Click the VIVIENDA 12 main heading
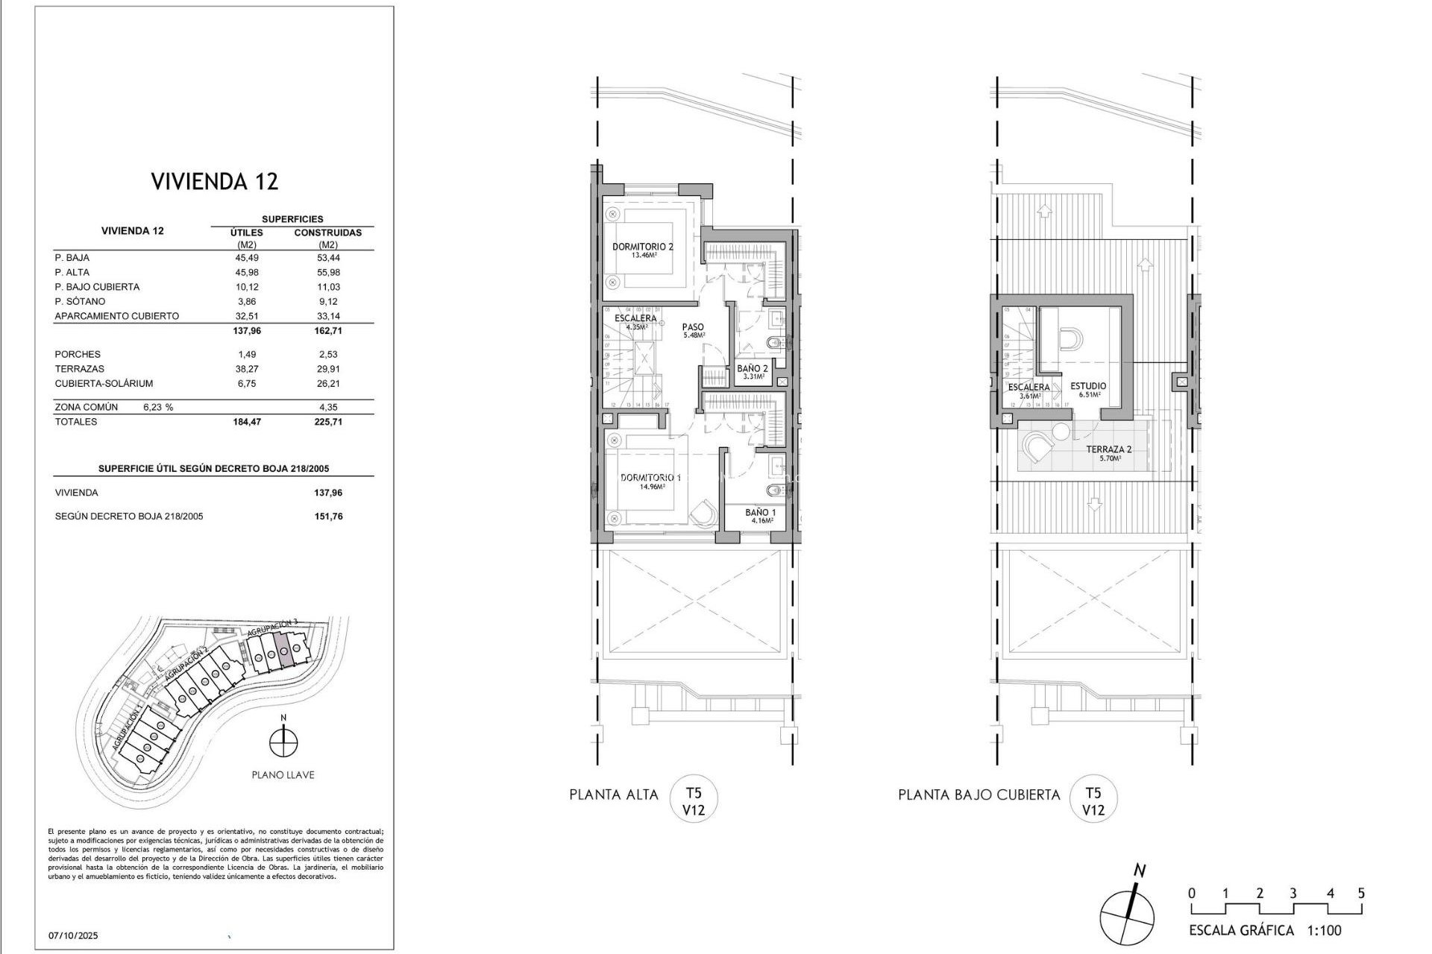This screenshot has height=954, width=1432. (215, 181)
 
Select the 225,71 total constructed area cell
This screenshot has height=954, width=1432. (328, 422)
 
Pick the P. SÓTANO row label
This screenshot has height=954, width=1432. (80, 302)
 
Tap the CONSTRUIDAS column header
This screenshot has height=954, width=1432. (327, 233)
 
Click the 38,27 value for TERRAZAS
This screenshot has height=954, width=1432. (247, 369)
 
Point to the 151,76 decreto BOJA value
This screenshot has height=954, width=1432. (328, 517)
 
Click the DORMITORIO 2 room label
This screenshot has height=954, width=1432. (643, 247)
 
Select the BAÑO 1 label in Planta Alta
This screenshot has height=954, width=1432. (760, 513)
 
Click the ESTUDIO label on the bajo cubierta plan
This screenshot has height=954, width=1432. (1087, 386)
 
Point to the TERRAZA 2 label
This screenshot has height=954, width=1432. (1108, 449)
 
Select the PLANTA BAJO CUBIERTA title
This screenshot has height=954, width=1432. (979, 795)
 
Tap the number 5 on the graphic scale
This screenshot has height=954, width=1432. (1361, 894)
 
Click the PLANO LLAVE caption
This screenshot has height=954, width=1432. (283, 775)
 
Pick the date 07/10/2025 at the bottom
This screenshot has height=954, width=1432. (73, 935)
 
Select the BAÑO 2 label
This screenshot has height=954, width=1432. (752, 368)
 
